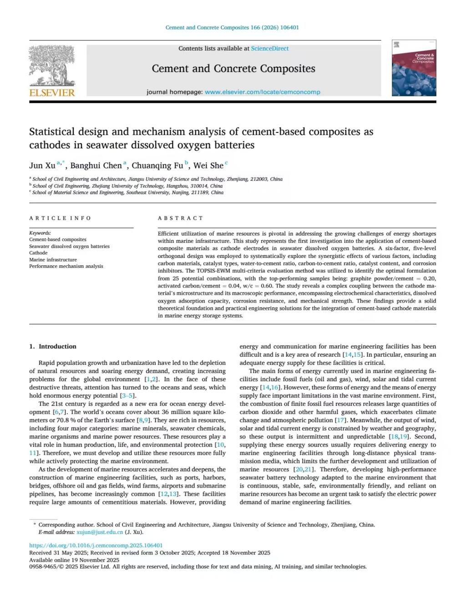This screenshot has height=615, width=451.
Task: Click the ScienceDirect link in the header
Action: [269, 48]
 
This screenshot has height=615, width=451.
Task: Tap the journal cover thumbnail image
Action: [414, 68]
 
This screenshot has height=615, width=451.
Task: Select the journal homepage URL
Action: [262, 92]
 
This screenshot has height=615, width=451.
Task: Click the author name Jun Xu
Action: [42, 166]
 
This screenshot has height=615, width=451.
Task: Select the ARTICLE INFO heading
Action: [60, 218]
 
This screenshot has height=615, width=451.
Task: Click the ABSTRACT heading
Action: [180, 218]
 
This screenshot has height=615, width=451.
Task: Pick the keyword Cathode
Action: [38, 253]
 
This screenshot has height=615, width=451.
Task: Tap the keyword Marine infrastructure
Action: [53, 260]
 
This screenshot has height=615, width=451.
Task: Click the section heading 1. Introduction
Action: [53, 347]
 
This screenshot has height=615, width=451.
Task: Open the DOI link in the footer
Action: [96, 545]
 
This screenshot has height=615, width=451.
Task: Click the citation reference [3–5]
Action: [127, 396]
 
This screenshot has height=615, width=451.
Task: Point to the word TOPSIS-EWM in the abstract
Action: [210, 271]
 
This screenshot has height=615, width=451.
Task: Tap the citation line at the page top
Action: [232, 27]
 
